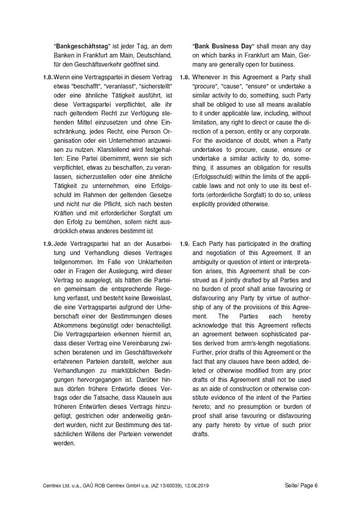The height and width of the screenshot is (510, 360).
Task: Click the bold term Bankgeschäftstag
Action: click(x=81, y=46)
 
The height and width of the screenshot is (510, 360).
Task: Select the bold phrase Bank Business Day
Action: click(x=222, y=46)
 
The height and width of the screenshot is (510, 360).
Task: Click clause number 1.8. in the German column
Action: click(x=48, y=77)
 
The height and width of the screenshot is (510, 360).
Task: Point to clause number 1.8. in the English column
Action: click(x=184, y=77)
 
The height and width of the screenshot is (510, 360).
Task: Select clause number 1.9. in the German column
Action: click(x=48, y=244)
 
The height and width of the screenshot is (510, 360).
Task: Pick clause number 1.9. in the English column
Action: click(x=184, y=244)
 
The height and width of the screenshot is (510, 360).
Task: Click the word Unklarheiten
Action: click(x=155, y=262)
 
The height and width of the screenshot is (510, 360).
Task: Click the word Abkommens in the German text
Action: click(x=69, y=326)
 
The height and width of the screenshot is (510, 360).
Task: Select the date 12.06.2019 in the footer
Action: click(x=196, y=485)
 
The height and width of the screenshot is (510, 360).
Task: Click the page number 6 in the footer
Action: click(x=316, y=485)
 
